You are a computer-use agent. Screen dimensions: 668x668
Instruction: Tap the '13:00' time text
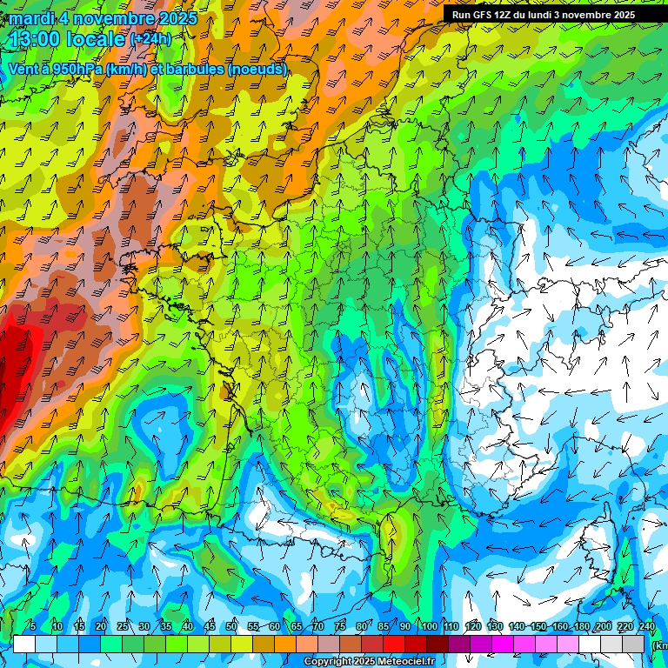pos(34,39)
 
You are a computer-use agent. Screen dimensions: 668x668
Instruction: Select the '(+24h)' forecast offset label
pos(150,39)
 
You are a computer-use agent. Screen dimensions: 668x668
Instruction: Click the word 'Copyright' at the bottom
pos(326,662)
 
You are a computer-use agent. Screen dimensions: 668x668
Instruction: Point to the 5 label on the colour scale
pos(33,626)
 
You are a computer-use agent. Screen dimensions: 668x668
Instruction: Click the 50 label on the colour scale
pos(231,626)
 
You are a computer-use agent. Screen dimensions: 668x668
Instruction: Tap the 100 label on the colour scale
pos(429,626)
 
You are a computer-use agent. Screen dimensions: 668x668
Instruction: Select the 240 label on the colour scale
pos(646,626)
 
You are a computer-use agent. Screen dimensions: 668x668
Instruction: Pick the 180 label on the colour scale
pos(581,626)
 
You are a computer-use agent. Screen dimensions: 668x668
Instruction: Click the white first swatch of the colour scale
pos(24,644)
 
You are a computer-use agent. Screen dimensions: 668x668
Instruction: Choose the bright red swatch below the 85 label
pos(394,644)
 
